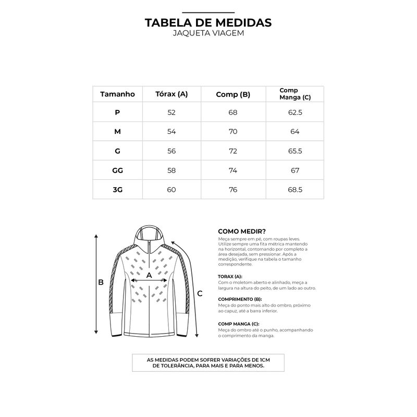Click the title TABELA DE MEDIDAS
pyautogui.click(x=208, y=23)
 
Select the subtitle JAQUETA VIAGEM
pyautogui.click(x=208, y=33)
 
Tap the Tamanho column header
pyautogui.click(x=117, y=94)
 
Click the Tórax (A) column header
pyautogui.click(x=171, y=94)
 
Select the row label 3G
pyautogui.click(x=117, y=189)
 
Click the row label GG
pyautogui.click(x=117, y=170)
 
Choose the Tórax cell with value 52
pyautogui.click(x=171, y=112)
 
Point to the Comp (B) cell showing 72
pyautogui.click(x=233, y=151)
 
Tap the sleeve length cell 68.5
pyautogui.click(x=295, y=189)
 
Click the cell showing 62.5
pyautogui.click(x=295, y=112)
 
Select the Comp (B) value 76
pyautogui.click(x=233, y=189)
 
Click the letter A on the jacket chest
pyautogui.click(x=149, y=274)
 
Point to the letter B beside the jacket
pyautogui.click(x=102, y=283)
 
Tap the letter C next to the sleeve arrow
pyautogui.click(x=200, y=293)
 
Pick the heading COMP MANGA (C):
pyautogui.click(x=239, y=324)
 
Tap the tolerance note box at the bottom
pyautogui.click(x=208, y=363)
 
